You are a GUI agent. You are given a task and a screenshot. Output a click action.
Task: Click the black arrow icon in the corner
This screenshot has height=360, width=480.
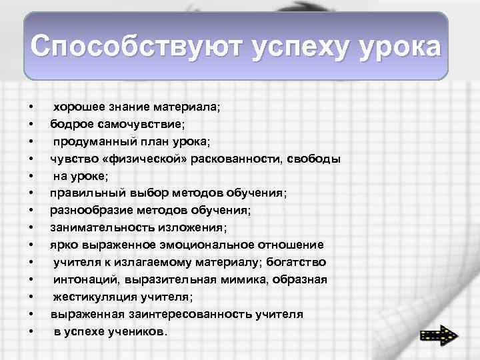438,335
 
